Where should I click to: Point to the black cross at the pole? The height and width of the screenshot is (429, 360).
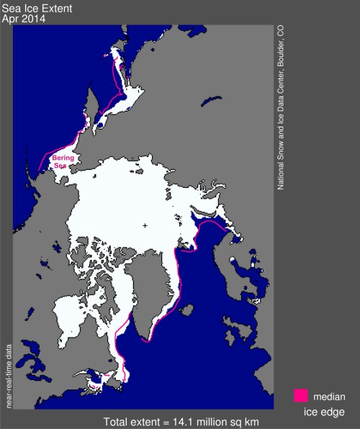tap(145, 225)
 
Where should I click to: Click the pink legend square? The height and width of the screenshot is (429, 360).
tap(301, 395)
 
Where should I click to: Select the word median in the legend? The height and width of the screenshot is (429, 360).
tap(329, 396)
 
